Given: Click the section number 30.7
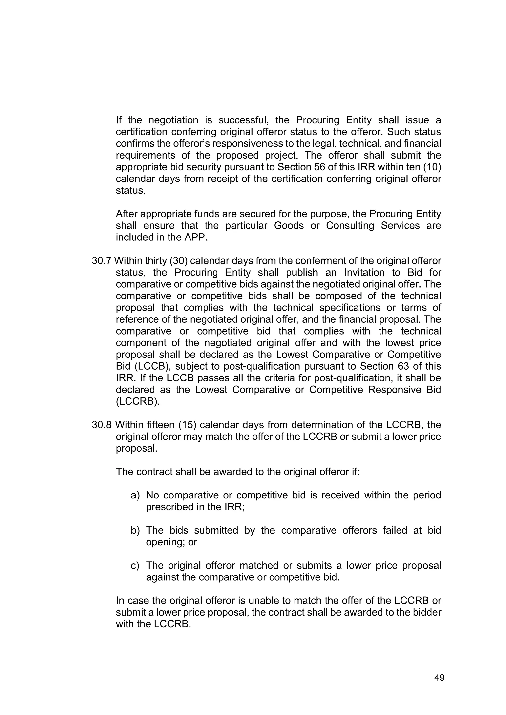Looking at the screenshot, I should point(102,261).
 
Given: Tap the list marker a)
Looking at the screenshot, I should point(135,495).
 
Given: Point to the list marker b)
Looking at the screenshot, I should point(135,530).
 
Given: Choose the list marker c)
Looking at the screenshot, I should point(135,566).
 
